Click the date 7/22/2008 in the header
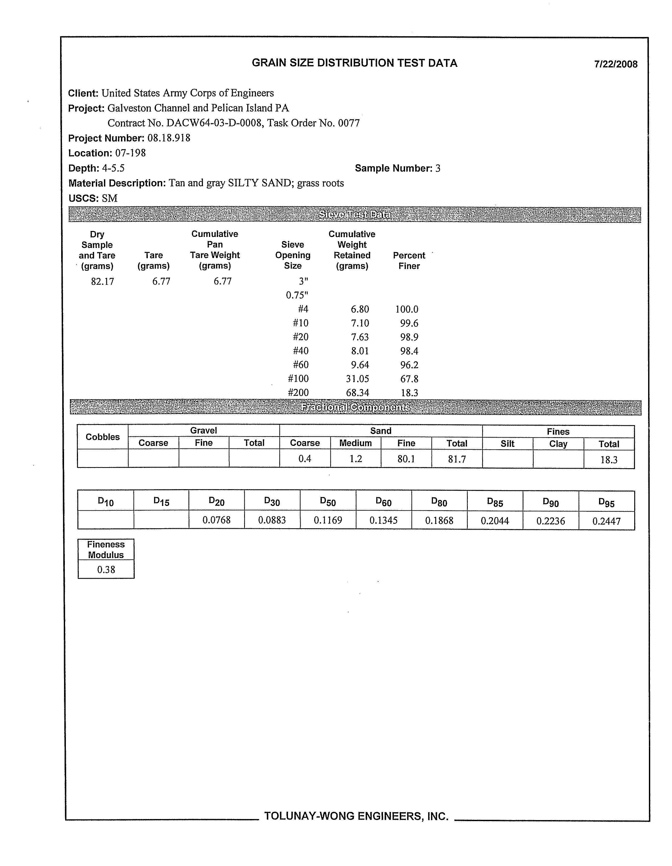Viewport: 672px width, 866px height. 616,64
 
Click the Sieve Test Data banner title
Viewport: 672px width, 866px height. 355,215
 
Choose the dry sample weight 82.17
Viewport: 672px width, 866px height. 102,282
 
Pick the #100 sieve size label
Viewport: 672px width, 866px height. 298,379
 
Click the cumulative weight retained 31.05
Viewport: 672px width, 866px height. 358,379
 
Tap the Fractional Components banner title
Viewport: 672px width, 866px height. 355,408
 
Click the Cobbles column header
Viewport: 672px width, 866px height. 102,437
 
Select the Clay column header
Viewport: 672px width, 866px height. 558,444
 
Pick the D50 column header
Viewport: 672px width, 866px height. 328,502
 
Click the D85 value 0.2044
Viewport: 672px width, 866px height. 495,521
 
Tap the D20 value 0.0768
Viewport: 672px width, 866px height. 216,520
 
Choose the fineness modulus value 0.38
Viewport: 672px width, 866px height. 106,570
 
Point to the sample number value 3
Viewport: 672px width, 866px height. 438,168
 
